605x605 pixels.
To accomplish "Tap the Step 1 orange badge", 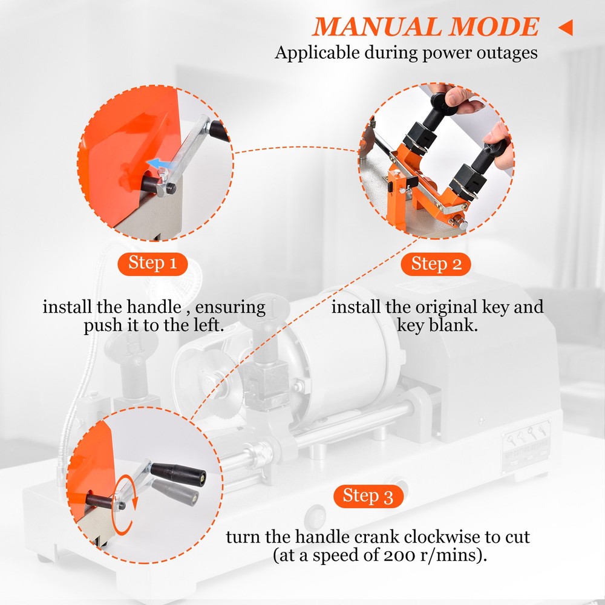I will pyautogui.click(x=152, y=263).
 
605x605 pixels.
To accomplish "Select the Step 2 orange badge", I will pyautogui.click(x=436, y=264).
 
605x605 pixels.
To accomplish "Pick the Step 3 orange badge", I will pyautogui.click(x=368, y=496).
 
